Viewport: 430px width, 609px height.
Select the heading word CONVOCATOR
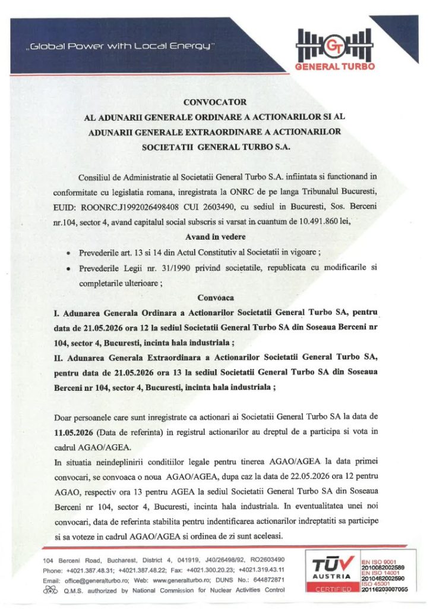click(214, 102)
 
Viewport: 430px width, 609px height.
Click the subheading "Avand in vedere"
click(215, 236)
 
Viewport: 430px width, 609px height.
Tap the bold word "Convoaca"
click(214, 297)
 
